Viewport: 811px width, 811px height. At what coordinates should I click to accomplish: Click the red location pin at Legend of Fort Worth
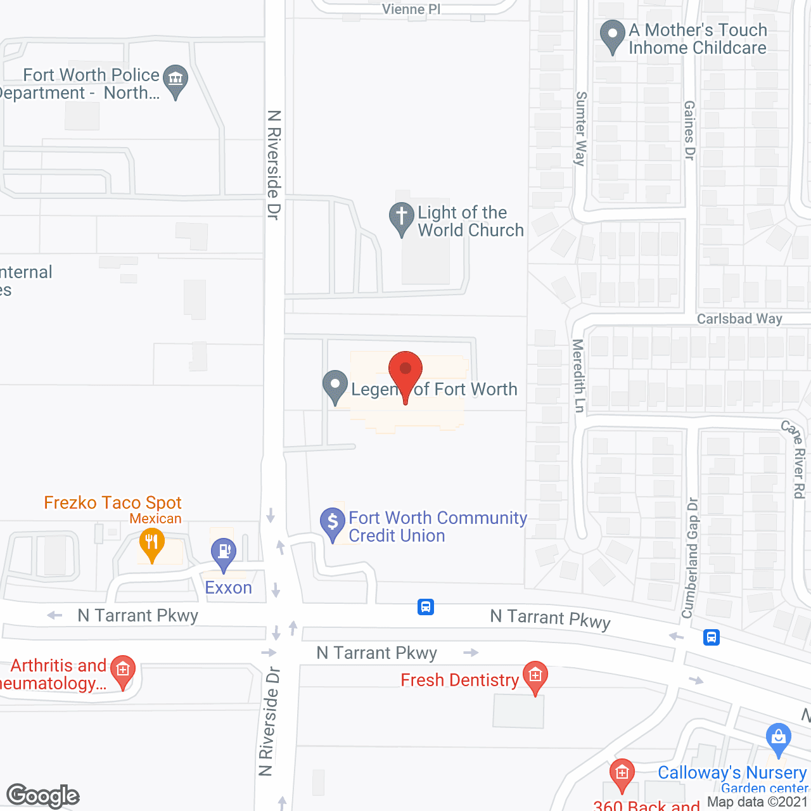(405, 371)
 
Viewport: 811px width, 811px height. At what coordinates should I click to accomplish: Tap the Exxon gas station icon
(223, 552)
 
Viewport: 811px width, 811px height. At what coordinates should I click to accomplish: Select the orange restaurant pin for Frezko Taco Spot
(151, 544)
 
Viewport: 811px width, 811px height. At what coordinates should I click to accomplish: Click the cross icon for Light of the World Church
(401, 217)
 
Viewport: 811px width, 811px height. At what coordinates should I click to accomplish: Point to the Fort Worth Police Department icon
(176, 80)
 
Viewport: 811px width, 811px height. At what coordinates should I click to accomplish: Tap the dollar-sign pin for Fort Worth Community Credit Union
(332, 523)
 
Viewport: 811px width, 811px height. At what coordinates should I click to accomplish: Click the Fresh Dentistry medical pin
(535, 676)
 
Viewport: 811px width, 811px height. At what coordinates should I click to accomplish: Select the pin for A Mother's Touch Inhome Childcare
(612, 35)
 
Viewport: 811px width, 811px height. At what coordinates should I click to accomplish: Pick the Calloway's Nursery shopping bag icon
(778, 738)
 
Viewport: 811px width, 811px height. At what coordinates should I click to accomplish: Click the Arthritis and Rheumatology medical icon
(123, 670)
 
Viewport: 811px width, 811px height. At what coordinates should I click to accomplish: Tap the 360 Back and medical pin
(622, 774)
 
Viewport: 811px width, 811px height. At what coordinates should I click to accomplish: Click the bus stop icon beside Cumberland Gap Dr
(712, 637)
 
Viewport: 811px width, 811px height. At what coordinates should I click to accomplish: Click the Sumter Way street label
(580, 129)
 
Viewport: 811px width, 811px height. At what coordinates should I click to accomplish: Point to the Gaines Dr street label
(690, 130)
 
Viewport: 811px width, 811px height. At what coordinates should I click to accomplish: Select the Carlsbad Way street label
(739, 319)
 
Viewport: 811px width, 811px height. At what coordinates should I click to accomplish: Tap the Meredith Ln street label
(578, 375)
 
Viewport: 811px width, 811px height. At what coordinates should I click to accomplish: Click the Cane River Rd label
(796, 459)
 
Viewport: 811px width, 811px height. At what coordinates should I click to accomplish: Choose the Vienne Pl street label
(411, 9)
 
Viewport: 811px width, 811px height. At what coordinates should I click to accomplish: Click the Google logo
(43, 796)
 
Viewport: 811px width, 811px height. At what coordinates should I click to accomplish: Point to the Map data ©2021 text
(757, 802)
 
